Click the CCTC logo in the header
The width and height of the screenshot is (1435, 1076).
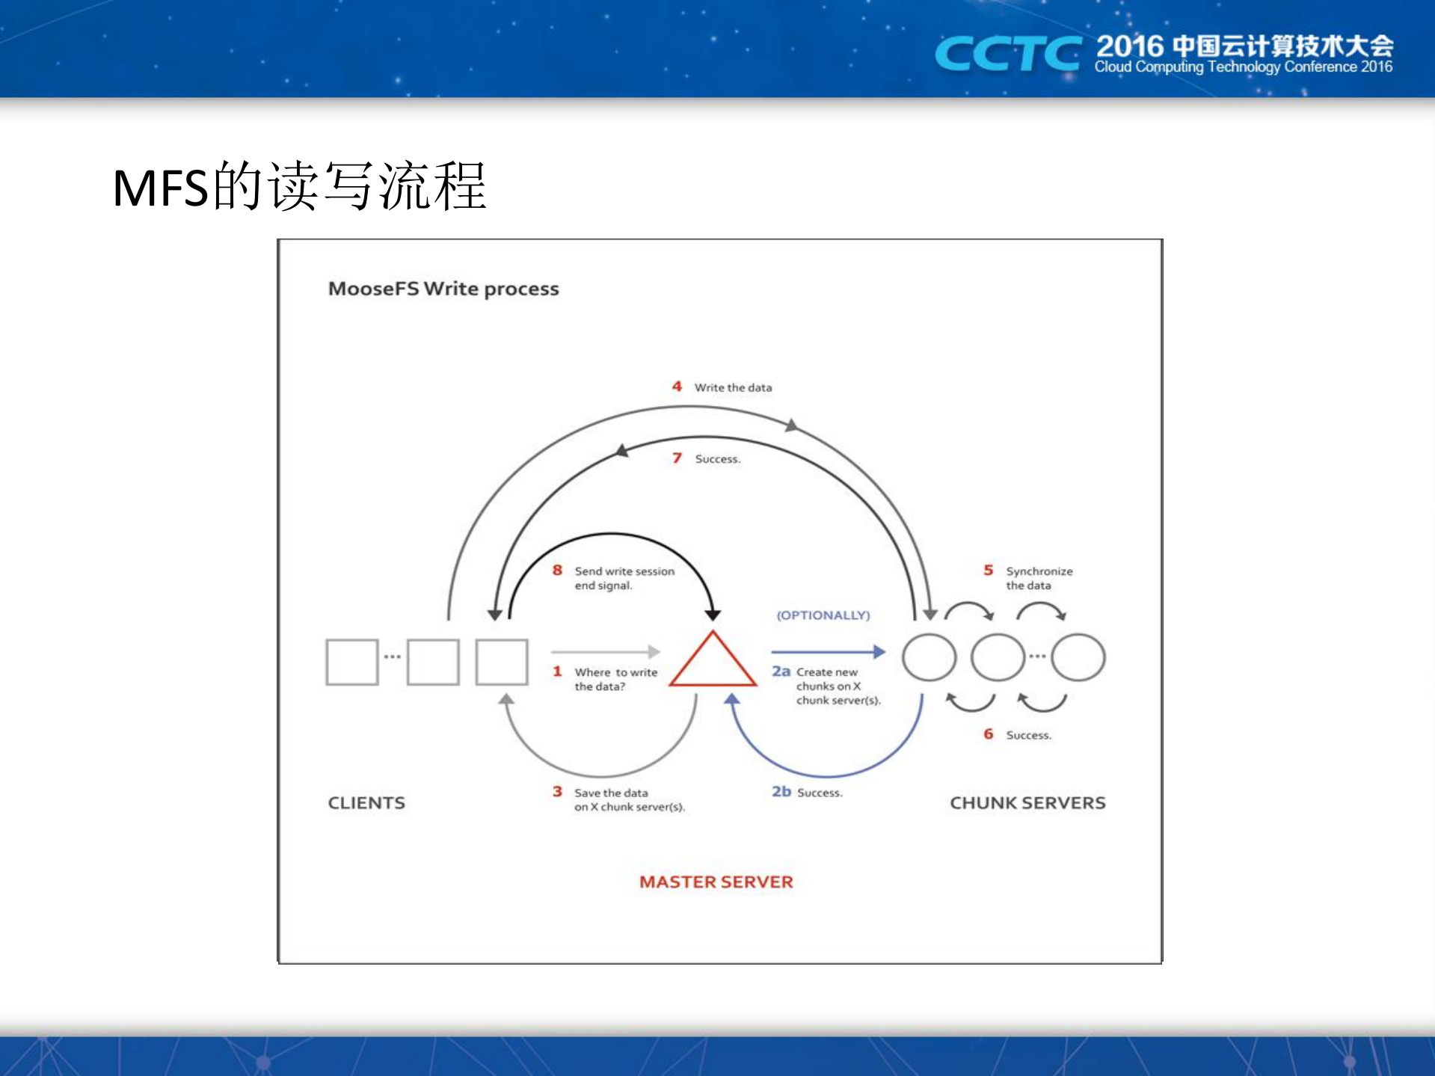pos(1007,55)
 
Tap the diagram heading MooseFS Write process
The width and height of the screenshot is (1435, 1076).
pos(443,289)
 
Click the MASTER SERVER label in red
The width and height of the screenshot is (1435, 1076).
pos(716,882)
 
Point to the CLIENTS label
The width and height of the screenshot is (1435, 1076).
pos(366,803)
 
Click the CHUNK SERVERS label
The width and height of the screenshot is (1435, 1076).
pos(1027,803)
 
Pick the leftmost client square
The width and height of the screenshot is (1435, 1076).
pos(352,662)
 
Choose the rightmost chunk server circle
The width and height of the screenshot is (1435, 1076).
pos(1078,657)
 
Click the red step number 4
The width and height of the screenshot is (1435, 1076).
pos(677,387)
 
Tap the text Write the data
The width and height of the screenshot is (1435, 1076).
pos(733,387)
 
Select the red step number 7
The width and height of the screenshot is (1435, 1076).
pos(677,458)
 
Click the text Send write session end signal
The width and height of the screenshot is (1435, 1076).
pos(624,578)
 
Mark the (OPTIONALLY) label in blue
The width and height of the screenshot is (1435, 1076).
pos(823,615)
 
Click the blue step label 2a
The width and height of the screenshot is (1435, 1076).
pos(781,671)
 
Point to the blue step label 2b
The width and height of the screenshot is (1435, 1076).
pos(781,791)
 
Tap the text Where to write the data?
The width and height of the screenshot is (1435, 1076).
pos(615,679)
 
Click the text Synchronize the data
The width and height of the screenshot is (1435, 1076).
pos(1039,578)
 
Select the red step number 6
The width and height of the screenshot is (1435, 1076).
pos(988,734)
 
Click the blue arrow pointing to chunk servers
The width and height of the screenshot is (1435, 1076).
pos(828,652)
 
